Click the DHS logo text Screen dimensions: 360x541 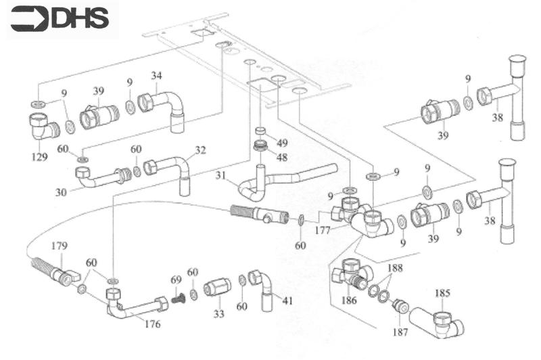coord(79,18)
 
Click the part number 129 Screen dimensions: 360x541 coord(39,157)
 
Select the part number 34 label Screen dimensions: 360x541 coord(156,74)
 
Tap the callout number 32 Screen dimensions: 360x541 coord(200,150)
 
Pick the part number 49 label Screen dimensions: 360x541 coord(282,143)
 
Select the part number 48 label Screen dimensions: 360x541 coord(282,157)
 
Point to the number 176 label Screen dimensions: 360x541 coord(152,324)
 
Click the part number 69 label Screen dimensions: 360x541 coord(176,279)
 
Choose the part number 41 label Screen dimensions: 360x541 coord(287,300)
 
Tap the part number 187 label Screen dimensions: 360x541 coord(401,332)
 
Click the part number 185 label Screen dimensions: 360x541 coord(442,294)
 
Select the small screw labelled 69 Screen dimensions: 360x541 coord(178,296)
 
